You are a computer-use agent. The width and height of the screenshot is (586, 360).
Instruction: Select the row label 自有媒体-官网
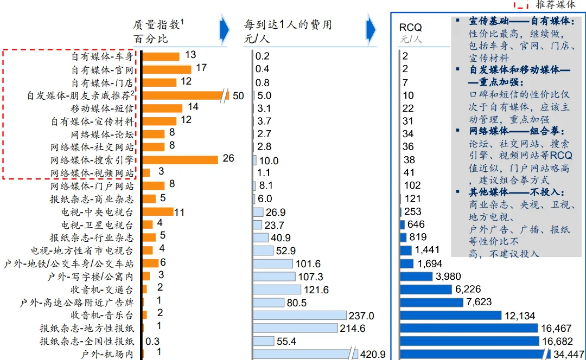click(x=102, y=69)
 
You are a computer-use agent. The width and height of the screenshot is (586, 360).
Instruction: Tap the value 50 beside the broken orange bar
click(x=238, y=96)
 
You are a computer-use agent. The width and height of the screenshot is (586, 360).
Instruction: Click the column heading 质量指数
click(x=157, y=25)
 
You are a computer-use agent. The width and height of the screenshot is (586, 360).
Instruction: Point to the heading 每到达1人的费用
click(x=288, y=25)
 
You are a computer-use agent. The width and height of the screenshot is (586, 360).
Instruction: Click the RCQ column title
click(x=410, y=27)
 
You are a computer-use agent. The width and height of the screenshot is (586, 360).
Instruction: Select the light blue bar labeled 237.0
click(x=300, y=315)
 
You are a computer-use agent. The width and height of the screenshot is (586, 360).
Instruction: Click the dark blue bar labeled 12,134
click(x=451, y=315)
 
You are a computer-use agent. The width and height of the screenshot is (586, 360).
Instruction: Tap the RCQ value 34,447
click(x=568, y=354)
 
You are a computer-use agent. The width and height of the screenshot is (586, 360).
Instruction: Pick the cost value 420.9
click(x=373, y=354)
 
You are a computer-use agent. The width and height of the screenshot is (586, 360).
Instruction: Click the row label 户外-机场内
click(x=107, y=354)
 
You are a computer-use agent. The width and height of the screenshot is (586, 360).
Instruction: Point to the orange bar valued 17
click(x=167, y=69)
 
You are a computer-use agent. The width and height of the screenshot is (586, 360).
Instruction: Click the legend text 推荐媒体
click(x=556, y=5)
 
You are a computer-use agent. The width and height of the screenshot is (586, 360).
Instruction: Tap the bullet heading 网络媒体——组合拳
click(x=517, y=132)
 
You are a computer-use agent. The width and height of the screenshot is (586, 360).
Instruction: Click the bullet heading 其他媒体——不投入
click(x=517, y=192)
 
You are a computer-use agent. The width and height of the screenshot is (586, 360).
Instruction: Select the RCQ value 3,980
click(x=448, y=277)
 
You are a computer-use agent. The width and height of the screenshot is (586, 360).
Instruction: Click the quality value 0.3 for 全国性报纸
click(x=152, y=341)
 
